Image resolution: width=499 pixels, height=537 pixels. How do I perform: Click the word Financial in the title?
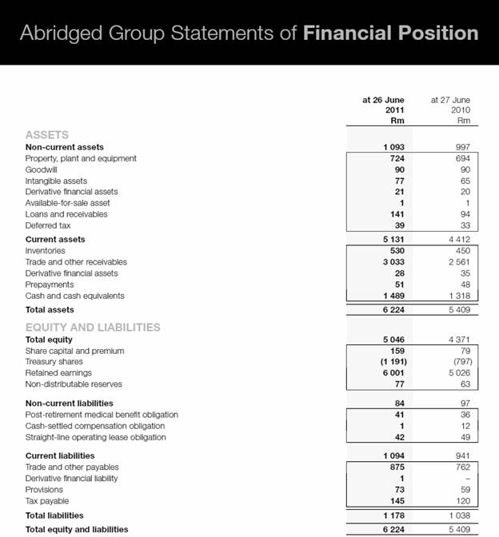coord(351,33)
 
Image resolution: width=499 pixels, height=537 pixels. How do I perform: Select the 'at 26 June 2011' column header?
coord(383,110)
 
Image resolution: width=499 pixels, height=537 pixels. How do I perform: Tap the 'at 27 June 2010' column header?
coord(450,110)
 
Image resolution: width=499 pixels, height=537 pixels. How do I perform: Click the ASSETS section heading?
coord(47,135)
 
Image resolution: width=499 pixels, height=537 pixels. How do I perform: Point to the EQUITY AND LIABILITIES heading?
coord(93,327)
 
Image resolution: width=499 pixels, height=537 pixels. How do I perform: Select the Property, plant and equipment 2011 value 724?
coord(394,158)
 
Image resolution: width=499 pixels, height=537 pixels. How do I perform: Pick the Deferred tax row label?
coord(48,225)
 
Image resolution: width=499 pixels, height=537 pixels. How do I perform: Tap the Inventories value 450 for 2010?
coord(460,251)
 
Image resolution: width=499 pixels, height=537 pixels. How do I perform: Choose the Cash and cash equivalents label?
coord(74,296)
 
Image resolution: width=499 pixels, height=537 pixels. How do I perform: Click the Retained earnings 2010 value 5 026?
coord(457,372)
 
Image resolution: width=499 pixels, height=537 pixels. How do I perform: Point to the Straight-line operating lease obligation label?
coord(96,437)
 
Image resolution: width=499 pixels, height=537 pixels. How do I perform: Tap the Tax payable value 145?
coord(394,500)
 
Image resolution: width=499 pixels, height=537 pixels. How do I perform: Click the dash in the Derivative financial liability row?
coord(465,478)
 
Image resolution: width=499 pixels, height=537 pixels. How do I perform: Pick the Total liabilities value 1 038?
coord(457,516)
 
